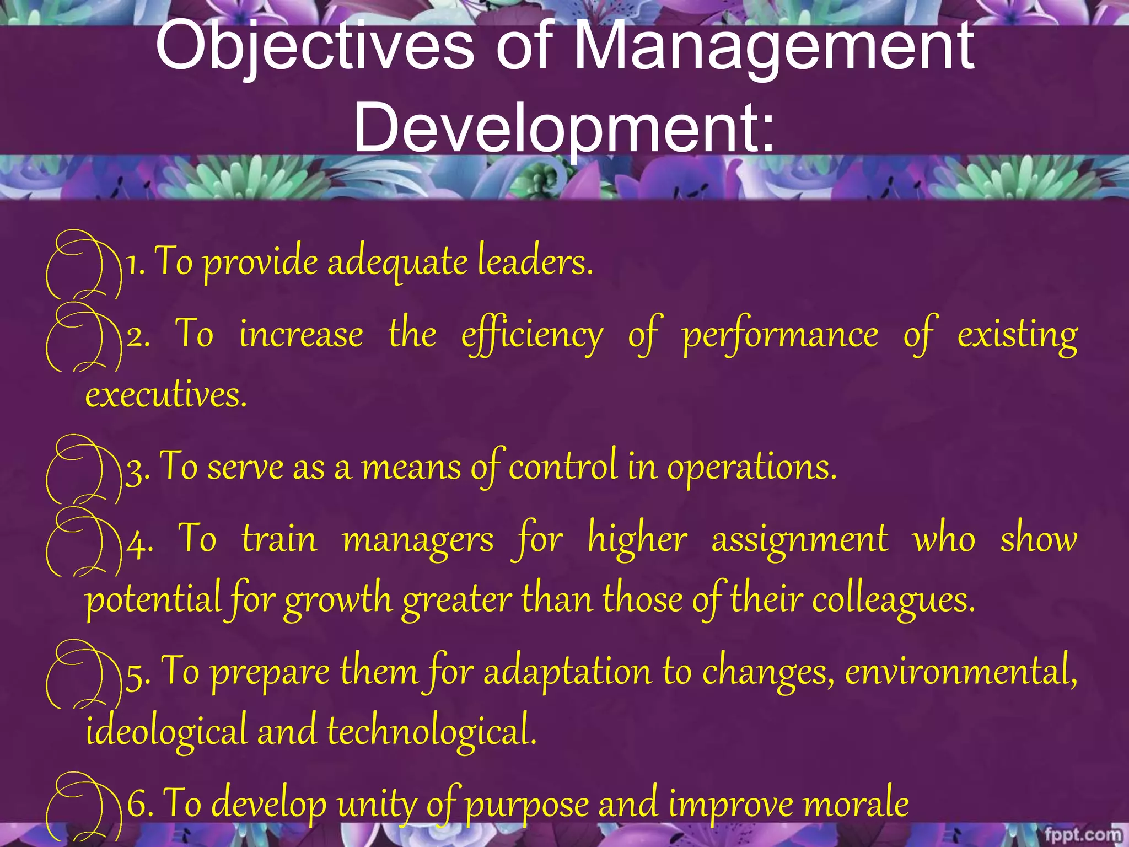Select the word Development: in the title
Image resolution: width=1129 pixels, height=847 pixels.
click(563, 128)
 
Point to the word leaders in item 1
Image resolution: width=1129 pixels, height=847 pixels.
click(534, 261)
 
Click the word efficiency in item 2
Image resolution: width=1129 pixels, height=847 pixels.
click(532, 335)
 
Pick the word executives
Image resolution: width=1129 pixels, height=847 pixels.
click(165, 395)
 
